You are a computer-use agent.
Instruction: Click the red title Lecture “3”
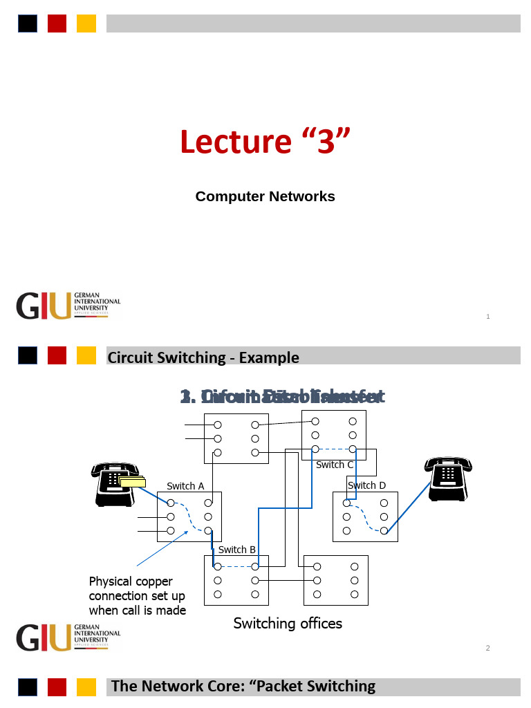(x=265, y=142)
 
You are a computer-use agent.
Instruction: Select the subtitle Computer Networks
(x=265, y=196)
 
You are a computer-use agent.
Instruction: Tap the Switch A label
(x=185, y=486)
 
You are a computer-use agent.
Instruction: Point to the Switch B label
(x=237, y=550)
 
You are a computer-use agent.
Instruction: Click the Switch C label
(x=335, y=465)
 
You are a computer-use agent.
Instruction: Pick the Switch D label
(x=366, y=485)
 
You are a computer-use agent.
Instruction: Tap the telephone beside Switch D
(x=449, y=477)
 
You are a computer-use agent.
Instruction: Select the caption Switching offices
(x=288, y=624)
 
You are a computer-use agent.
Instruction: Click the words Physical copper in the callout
(x=131, y=581)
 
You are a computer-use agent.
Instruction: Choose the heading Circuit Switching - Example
(x=203, y=357)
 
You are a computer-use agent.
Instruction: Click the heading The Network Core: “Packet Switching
(x=243, y=686)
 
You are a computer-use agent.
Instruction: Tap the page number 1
(x=488, y=317)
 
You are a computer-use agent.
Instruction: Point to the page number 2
(x=488, y=648)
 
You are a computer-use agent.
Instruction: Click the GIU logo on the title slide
(x=68, y=306)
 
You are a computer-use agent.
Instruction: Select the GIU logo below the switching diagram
(x=68, y=637)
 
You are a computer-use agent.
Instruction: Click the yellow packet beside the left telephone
(x=132, y=482)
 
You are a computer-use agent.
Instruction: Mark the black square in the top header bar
(x=28, y=24)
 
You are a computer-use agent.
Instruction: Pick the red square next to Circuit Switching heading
(x=57, y=355)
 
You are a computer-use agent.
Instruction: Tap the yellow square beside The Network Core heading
(x=86, y=687)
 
